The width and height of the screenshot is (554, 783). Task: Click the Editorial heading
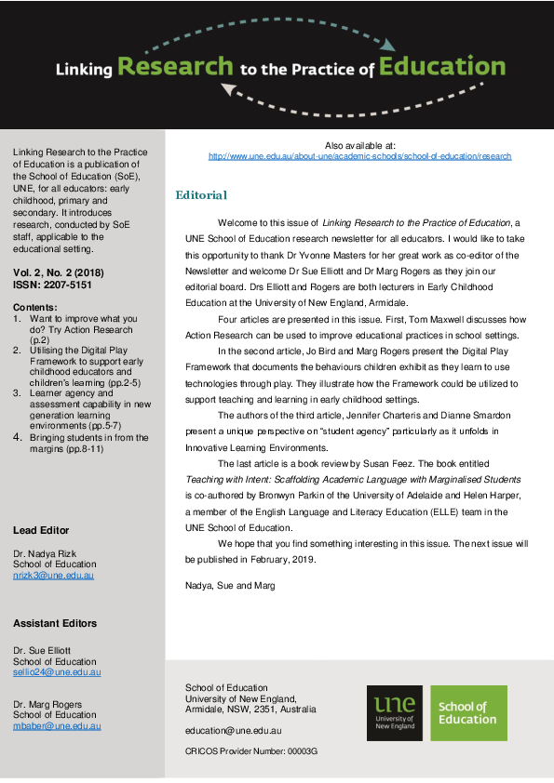[201, 195]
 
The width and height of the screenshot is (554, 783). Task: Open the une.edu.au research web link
[359, 156]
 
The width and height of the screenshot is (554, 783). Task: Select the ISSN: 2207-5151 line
[53, 284]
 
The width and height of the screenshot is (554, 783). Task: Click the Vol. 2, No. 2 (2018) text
[58, 272]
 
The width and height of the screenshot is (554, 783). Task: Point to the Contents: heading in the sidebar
[35, 307]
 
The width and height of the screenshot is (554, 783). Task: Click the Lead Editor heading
[41, 530]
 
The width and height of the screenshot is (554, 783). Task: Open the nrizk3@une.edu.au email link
[53, 575]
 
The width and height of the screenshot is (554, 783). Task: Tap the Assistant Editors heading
[55, 623]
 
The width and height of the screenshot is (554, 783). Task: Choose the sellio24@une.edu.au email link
[57, 671]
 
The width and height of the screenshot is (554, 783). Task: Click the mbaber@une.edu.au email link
[57, 725]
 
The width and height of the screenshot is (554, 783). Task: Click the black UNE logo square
[395, 713]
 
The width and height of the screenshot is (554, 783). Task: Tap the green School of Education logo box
[468, 713]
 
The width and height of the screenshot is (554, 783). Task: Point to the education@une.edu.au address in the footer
[233, 732]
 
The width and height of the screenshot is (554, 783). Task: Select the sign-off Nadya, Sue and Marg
[229, 585]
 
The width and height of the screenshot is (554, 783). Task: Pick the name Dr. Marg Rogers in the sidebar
[47, 704]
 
